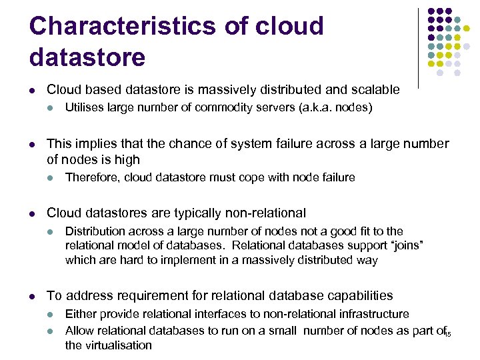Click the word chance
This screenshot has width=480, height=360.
click(199, 143)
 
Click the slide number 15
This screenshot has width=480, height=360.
click(448, 333)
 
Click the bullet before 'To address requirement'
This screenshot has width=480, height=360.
click(33, 296)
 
